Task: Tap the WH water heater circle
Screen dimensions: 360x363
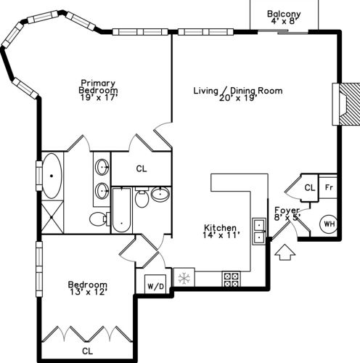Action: tap(329, 224)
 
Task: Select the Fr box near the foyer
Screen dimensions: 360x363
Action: tap(328, 187)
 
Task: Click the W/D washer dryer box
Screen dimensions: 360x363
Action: tap(155, 284)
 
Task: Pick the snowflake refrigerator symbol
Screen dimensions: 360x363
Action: tap(184, 278)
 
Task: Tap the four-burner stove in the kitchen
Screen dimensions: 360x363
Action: tap(231, 279)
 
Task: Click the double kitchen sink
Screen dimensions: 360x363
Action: tap(259, 232)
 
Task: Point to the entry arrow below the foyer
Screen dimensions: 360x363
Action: tap(285, 252)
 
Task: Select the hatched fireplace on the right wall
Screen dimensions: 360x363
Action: tap(346, 104)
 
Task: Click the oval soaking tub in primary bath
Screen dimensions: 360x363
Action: tap(52, 176)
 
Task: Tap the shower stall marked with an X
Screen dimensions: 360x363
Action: tap(52, 217)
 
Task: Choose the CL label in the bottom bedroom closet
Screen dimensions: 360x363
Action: tap(87, 351)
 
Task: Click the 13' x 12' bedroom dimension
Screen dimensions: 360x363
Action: tap(88, 292)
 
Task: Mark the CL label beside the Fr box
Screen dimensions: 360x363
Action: tap(310, 187)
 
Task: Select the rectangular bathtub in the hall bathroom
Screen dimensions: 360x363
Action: tap(121, 211)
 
